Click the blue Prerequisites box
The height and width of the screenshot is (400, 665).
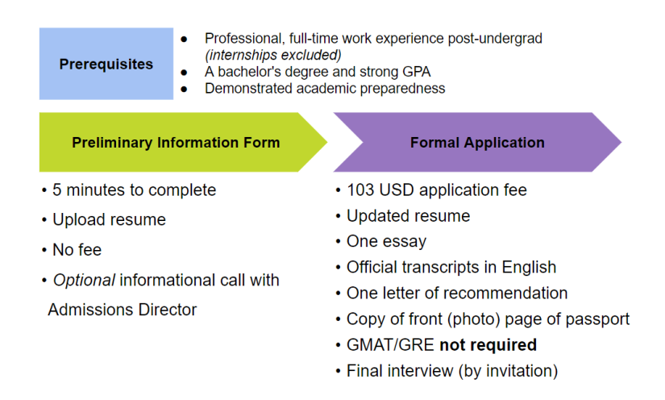[106, 64]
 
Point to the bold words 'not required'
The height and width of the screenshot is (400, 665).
[488, 345]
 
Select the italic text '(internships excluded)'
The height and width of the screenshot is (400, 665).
[272, 55]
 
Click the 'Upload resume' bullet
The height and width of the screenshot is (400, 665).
[109, 219]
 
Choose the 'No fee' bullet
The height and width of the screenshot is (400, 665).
[77, 250]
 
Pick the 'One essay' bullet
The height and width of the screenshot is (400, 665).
[386, 241]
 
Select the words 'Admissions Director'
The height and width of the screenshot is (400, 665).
[122, 310]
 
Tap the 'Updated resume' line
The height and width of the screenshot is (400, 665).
[408, 216]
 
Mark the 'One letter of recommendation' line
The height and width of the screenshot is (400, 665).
[456, 293]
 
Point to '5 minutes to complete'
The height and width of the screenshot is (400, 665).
[134, 190]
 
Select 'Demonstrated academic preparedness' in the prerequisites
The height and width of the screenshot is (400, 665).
[325, 88]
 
